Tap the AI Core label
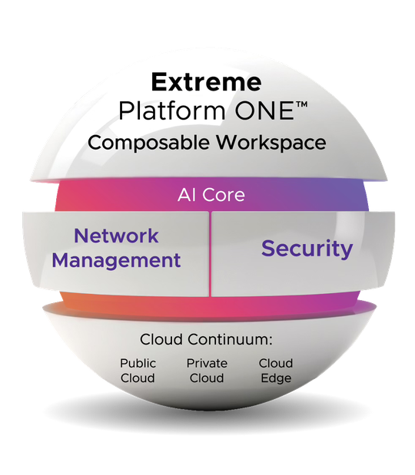[x=207, y=194]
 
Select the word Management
[x=116, y=259]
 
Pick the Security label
[x=307, y=248]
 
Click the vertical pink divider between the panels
[x=209, y=253]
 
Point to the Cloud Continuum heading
[x=206, y=339]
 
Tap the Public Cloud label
[x=138, y=371]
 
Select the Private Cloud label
[x=205, y=371]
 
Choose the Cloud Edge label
[x=275, y=371]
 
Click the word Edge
[x=275, y=378]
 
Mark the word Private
[x=205, y=363]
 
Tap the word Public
[x=138, y=363]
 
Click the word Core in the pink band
[x=226, y=194]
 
